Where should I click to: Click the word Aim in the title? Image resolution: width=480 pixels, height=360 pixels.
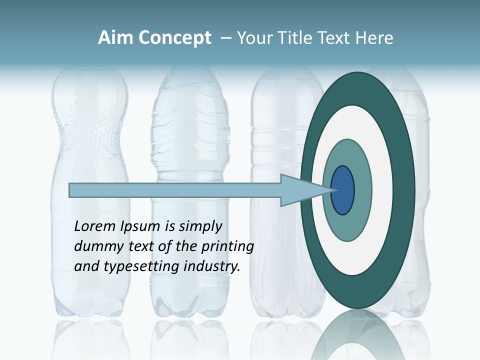click(114, 38)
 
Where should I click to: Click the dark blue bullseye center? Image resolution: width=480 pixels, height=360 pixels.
click(342, 190)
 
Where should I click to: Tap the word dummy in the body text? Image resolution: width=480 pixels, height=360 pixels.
click(95, 246)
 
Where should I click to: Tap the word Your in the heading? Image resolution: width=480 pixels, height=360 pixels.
click(253, 38)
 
